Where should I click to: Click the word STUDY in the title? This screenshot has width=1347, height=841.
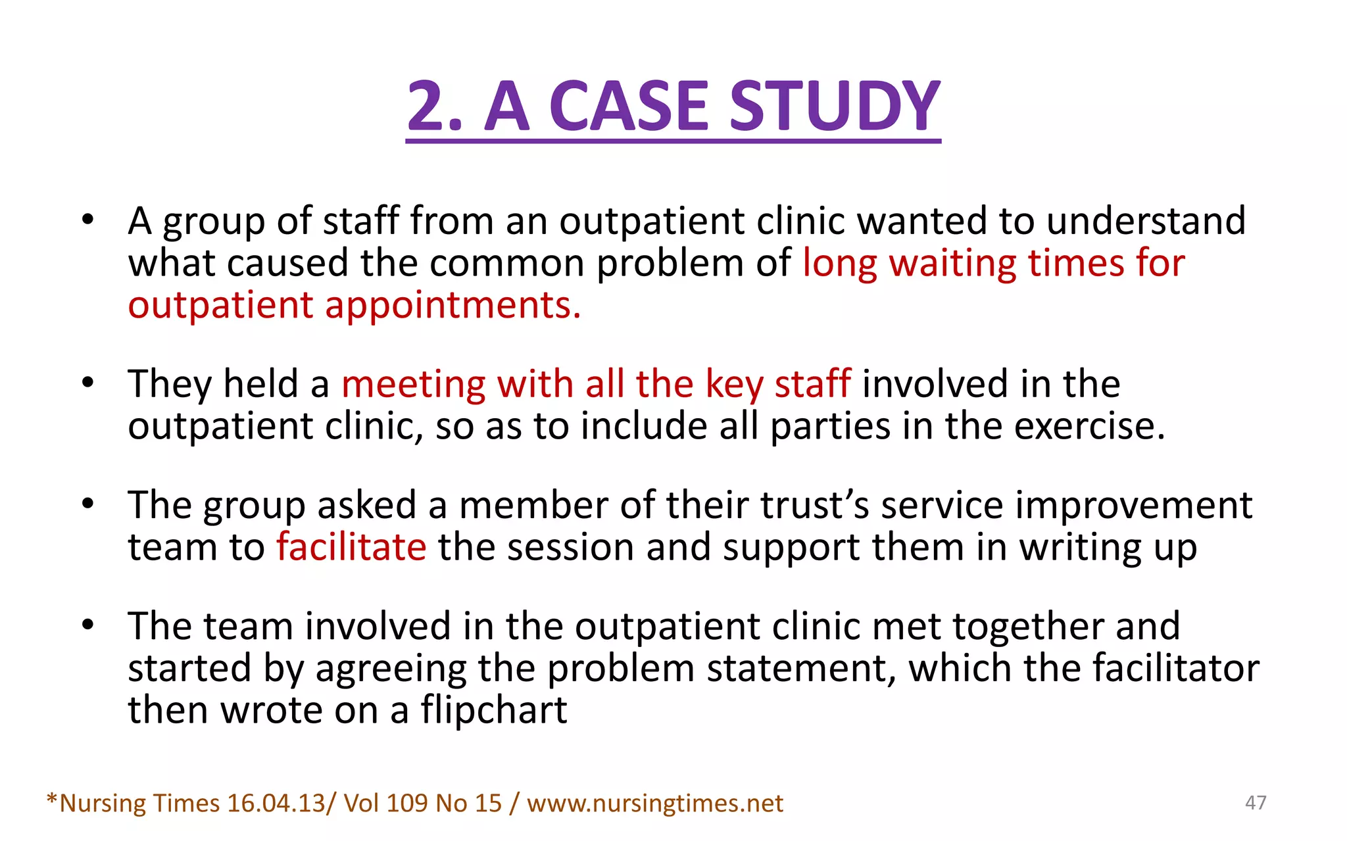click(835, 107)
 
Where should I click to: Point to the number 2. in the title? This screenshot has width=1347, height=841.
click(435, 107)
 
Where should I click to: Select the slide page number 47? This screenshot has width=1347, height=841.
click(1256, 802)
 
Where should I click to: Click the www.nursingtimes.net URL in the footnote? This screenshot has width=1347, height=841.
click(654, 804)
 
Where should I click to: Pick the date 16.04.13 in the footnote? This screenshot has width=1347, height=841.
click(276, 804)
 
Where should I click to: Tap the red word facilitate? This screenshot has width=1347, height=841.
click(351, 547)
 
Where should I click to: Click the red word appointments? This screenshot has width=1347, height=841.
click(453, 306)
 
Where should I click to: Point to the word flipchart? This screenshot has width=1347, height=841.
click(494, 710)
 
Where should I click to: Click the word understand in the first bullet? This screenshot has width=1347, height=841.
click(1146, 221)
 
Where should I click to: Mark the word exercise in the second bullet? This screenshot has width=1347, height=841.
click(1089, 427)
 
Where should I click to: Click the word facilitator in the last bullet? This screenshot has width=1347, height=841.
click(1175, 668)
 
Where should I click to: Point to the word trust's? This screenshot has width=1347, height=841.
click(815, 506)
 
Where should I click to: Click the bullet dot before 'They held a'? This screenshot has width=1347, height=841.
click(88, 383)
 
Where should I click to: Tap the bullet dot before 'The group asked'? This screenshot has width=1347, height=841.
click(88, 504)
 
